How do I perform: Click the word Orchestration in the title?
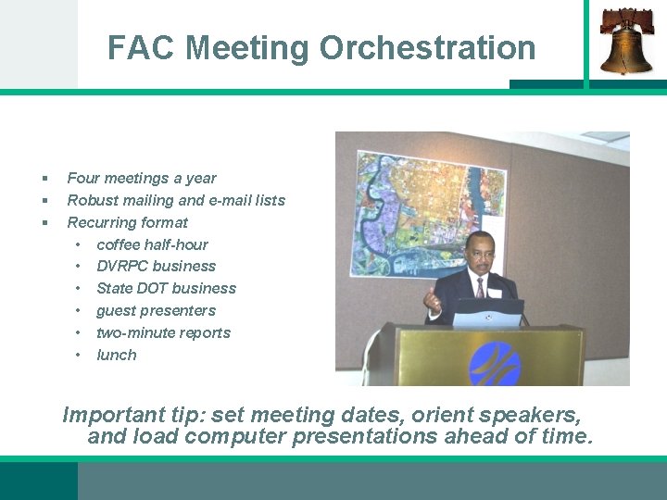point(428,47)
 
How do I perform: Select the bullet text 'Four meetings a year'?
point(142,178)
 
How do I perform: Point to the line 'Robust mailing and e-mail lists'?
point(176,200)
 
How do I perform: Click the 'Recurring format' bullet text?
point(127,222)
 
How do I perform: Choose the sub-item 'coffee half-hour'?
point(152,244)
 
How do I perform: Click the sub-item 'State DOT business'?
point(166,288)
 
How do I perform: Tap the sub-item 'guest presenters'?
point(156,310)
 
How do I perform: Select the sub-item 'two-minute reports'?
point(163,332)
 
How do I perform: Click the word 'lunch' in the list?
point(116,355)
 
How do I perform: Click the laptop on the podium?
point(488,312)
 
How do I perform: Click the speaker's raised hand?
point(431,299)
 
